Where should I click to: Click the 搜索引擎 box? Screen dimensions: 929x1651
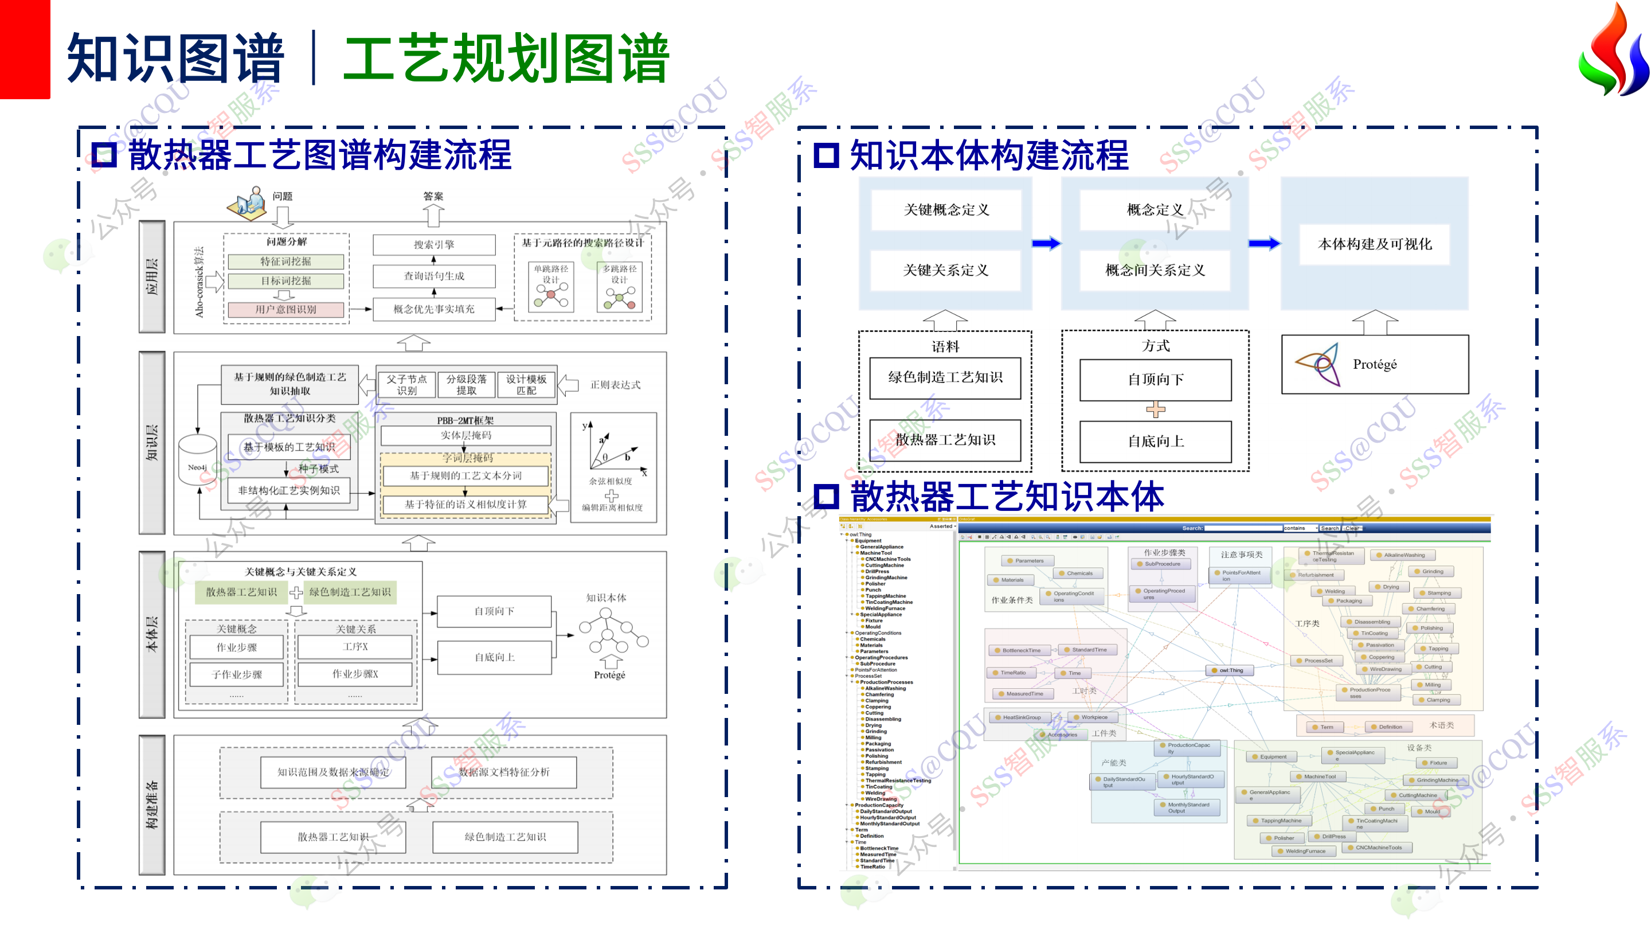click(434, 244)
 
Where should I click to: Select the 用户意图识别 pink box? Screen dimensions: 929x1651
click(286, 309)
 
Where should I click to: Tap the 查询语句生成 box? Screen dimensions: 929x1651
click(434, 276)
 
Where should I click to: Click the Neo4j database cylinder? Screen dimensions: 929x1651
click(197, 459)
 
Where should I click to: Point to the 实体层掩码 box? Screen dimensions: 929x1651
click(466, 435)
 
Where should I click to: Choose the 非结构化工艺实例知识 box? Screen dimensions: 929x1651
click(289, 490)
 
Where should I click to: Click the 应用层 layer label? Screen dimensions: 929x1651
click(152, 276)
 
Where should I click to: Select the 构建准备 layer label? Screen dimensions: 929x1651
click(152, 805)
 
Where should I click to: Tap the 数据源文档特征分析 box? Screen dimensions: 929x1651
click(504, 772)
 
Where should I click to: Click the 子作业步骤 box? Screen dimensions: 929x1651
click(237, 674)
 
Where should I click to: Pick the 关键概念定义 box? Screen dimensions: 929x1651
click(946, 210)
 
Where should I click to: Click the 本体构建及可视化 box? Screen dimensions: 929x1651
click(1374, 244)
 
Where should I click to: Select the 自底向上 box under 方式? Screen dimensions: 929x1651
click(1156, 441)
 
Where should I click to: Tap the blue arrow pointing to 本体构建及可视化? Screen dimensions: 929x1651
click(1264, 244)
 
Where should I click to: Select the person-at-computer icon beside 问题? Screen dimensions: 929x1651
click(249, 203)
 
